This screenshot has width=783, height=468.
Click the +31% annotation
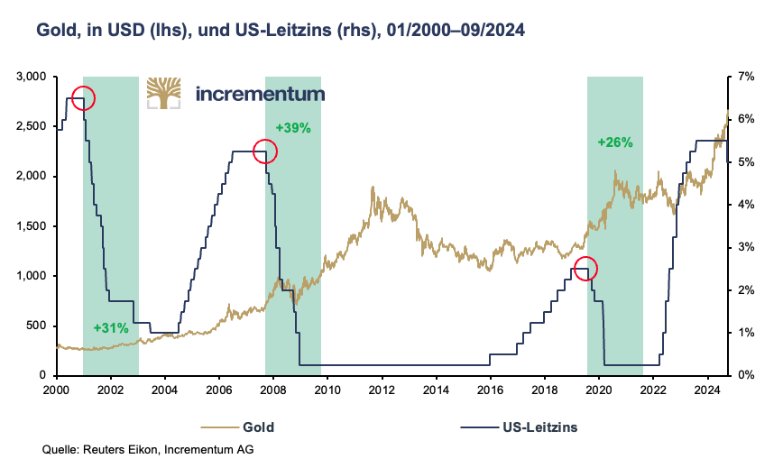coord(111,327)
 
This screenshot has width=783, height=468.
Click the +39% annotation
coord(293,127)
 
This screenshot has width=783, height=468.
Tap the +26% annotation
coord(615,142)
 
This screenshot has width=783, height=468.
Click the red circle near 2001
coord(82,98)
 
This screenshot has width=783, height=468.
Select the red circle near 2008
coord(264,151)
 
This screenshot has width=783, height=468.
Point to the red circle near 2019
coord(585,268)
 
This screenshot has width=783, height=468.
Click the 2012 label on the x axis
coord(382,390)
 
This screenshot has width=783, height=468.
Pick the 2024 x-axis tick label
coord(707,390)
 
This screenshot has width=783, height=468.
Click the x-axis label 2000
coord(56,390)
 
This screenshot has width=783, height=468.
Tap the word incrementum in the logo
coord(259,93)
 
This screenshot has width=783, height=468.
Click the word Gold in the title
coord(56,30)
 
